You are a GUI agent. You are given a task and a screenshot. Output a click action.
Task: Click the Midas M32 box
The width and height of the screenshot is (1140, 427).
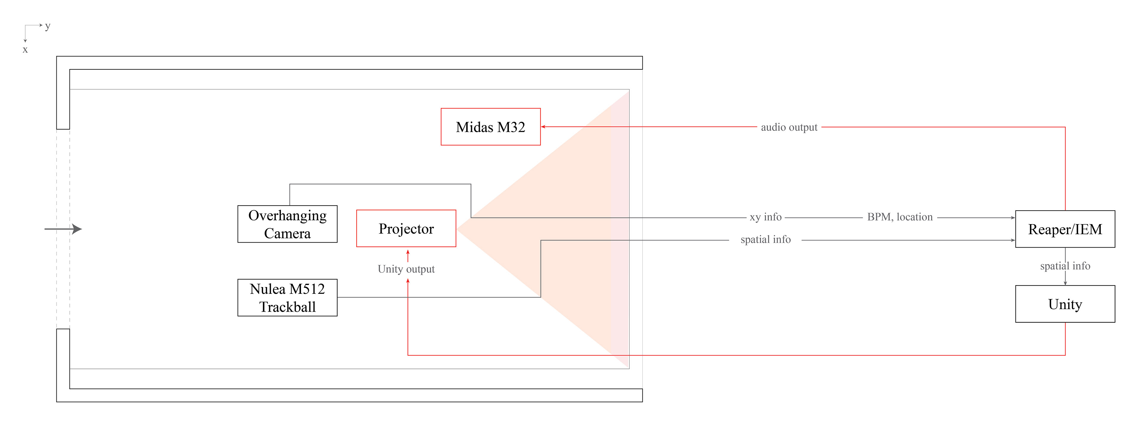point(490,127)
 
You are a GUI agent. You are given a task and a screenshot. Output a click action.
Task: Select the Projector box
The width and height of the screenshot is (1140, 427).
point(406,229)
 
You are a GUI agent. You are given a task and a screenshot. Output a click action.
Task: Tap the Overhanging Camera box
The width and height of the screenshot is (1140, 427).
point(287,224)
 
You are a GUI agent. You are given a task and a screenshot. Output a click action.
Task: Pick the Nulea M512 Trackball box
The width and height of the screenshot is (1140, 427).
point(287,297)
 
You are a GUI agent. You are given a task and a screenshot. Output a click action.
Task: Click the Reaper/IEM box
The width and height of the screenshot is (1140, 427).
point(1065,229)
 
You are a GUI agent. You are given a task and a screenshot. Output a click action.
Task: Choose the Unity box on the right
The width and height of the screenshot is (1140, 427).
point(1065,304)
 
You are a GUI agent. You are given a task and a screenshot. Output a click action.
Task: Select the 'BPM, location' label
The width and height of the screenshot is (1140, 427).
point(900,217)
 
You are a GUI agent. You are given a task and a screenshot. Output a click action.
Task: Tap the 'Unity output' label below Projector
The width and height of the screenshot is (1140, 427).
point(406,269)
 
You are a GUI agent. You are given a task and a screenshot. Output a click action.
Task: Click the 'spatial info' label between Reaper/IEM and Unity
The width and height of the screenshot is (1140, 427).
point(1065,266)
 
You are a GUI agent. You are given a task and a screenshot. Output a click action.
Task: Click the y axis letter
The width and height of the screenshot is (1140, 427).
point(48,26)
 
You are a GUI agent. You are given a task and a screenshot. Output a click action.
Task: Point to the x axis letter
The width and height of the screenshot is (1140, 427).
point(25,50)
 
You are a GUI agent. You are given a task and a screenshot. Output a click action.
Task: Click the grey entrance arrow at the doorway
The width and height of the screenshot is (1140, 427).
point(63,229)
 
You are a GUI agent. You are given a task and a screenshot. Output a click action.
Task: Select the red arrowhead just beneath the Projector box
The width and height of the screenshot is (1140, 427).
point(408,252)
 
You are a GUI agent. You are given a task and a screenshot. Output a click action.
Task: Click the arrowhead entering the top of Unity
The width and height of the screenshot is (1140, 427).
point(1065,283)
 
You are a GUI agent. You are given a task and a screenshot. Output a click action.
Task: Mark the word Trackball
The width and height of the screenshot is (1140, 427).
point(287,307)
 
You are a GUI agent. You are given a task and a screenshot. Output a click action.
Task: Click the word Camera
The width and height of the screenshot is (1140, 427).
point(287,233)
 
